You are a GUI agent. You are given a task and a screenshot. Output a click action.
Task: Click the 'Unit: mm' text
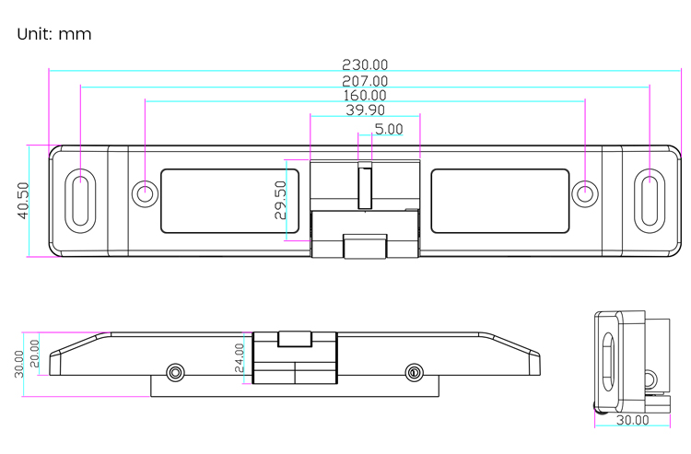click(54, 35)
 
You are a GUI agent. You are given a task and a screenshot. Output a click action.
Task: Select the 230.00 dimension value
click(365, 64)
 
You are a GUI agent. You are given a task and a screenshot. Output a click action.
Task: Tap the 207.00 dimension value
click(365, 81)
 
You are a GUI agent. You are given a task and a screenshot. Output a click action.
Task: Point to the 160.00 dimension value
click(365, 96)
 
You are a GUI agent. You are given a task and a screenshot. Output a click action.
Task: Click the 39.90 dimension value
click(365, 111)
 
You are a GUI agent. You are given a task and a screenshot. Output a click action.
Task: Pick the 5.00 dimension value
click(388, 129)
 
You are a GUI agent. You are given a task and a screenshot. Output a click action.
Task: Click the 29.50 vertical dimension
click(280, 200)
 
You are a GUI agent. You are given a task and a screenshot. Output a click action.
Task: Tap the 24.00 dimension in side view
click(240, 357)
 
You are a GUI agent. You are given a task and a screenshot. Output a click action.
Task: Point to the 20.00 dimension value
click(35, 352)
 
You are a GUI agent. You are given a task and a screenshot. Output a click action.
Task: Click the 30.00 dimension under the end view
click(632, 420)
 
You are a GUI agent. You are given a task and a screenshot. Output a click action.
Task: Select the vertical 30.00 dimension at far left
click(19, 363)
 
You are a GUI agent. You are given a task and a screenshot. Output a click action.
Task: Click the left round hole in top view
click(145, 193)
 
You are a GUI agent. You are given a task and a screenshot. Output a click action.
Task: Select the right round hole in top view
click(585, 193)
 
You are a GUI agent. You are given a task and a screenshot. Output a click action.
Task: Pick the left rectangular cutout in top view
click(221, 200)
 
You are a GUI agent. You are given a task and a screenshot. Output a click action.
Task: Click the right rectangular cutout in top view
click(499, 200)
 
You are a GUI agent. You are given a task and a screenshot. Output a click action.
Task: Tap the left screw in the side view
click(175, 372)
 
